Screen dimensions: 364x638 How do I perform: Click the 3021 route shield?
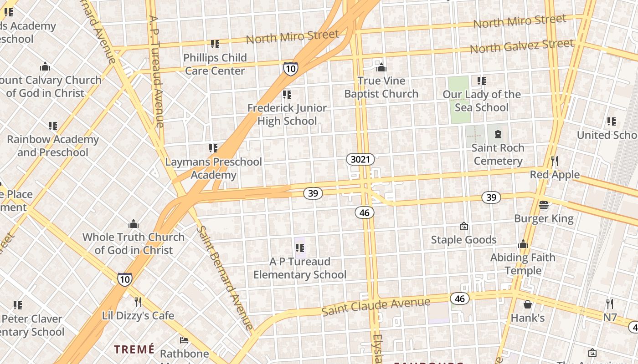360,159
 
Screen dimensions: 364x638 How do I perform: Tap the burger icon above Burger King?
544,205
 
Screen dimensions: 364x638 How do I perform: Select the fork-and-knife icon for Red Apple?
555,161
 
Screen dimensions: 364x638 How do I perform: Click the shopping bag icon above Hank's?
528,304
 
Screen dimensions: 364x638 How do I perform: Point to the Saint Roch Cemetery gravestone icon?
498,134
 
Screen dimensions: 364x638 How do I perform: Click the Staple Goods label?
463,240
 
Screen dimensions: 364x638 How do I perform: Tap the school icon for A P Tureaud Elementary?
299,248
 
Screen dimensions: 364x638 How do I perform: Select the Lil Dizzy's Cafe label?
138,315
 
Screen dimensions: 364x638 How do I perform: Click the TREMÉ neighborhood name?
134,349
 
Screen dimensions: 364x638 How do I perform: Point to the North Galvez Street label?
521,46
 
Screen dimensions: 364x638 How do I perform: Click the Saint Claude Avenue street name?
376,307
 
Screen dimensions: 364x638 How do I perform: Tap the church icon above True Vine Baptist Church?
381,68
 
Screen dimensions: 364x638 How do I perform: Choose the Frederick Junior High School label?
287,114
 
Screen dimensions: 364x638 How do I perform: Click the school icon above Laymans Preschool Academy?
213,148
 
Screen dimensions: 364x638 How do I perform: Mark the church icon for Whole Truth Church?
133,223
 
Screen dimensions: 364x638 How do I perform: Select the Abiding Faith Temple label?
523,264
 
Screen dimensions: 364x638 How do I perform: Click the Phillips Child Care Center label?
215,64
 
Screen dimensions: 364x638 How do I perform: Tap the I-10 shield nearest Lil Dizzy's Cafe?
125,279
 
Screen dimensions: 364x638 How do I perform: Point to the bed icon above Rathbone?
184,340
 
